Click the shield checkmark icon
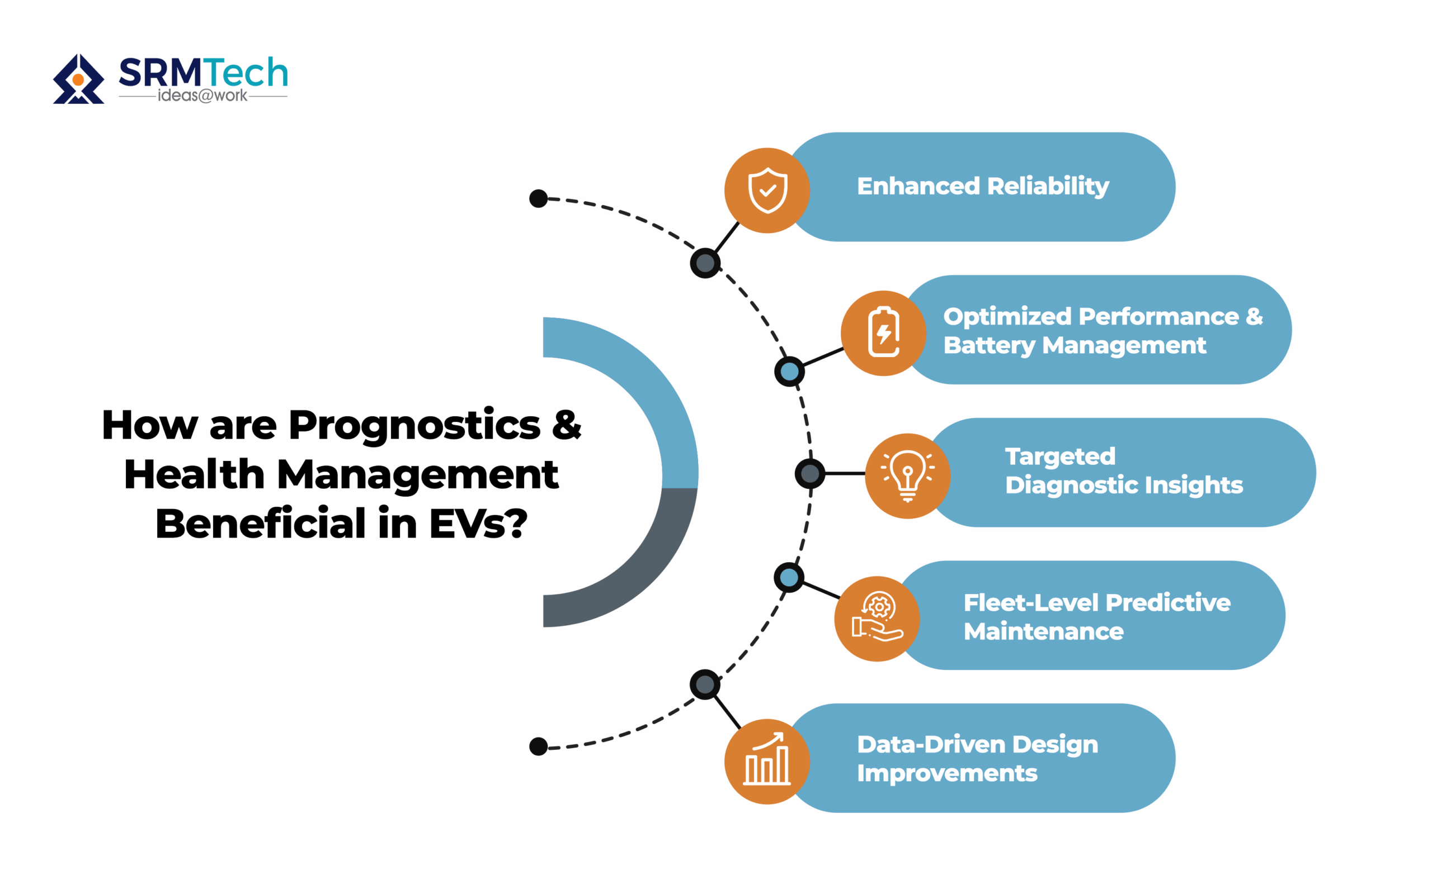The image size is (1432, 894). point(767,191)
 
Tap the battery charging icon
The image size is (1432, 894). point(883,333)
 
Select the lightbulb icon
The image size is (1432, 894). point(908,475)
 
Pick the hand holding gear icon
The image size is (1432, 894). point(877,618)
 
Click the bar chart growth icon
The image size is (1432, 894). point(767,761)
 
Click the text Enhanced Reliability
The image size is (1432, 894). point(983,186)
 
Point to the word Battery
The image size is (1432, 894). point(989,345)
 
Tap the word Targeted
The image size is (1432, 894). point(1060,456)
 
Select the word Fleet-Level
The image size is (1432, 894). point(1031,603)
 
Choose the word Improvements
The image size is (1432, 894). point(947,773)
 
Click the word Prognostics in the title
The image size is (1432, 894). point(414,426)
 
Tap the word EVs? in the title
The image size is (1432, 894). point(478,524)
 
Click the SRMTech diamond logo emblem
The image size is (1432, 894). point(78,79)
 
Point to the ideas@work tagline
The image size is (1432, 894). point(202,96)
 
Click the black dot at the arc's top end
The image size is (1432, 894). point(539,199)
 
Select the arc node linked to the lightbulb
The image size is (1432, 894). point(810,473)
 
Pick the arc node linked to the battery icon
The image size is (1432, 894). point(789,372)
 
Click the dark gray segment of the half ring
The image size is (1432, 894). point(639,568)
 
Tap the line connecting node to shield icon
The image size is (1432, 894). point(727,237)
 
